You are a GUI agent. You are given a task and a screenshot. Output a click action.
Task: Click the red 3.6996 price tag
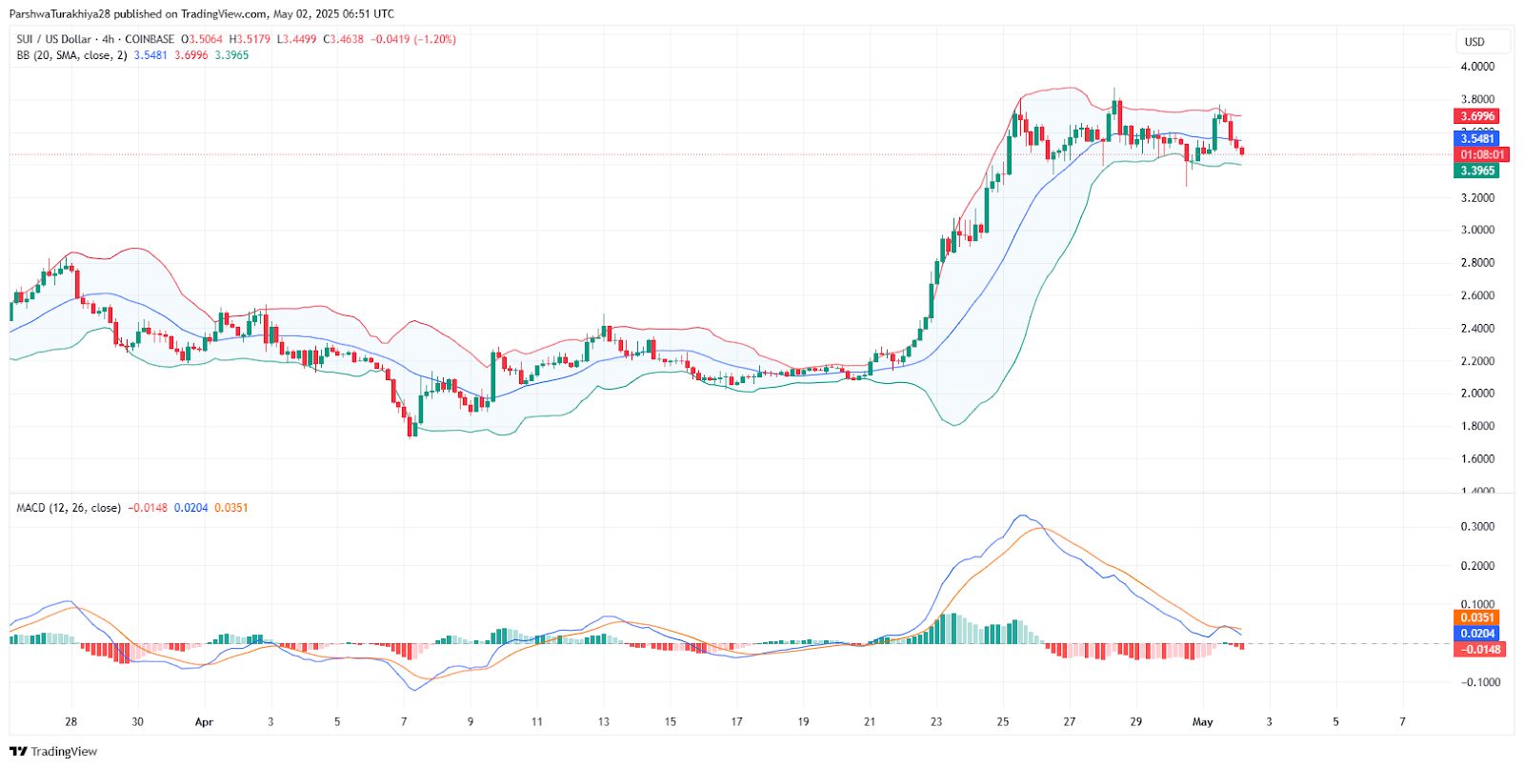(1477, 116)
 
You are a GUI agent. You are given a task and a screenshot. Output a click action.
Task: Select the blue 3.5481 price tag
(1477, 139)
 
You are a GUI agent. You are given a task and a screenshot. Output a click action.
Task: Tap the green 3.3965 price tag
(1477, 171)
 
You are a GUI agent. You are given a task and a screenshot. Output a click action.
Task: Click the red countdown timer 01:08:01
(1483, 154)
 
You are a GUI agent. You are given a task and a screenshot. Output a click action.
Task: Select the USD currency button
(1474, 42)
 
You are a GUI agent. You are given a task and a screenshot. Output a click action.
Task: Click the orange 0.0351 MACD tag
(1477, 617)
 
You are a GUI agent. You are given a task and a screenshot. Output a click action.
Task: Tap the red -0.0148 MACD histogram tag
(1480, 650)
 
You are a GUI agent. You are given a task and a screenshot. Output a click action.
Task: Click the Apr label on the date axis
(204, 722)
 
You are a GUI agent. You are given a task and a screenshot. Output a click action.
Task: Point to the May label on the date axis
(1203, 722)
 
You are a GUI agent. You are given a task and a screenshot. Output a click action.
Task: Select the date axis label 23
(936, 722)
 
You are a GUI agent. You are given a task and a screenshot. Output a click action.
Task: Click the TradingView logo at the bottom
(54, 752)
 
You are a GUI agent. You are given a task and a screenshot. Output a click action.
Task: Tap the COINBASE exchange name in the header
(150, 39)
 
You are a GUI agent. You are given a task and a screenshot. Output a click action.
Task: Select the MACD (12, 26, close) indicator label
(69, 508)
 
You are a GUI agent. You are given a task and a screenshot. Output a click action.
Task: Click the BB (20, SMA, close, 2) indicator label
(71, 55)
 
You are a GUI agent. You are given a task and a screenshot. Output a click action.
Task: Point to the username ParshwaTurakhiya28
(60, 14)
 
